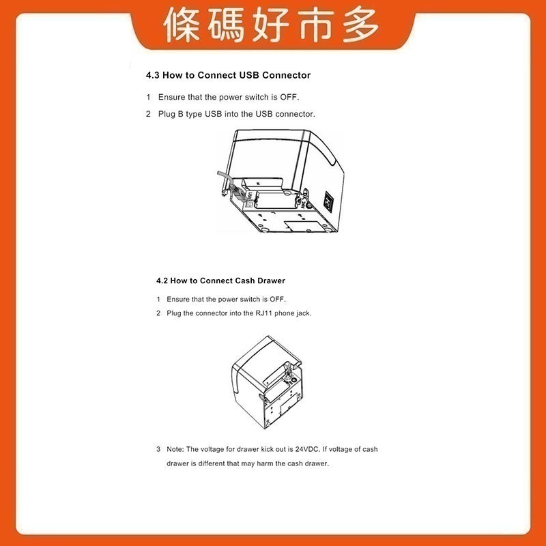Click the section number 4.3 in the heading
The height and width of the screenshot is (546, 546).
[154, 75]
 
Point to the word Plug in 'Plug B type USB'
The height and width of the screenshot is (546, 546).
[167, 114]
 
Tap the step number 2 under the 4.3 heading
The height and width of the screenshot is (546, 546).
[148, 114]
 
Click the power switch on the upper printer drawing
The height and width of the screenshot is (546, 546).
[328, 201]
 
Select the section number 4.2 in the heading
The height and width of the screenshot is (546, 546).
[162, 281]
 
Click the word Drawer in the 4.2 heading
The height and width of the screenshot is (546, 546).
[271, 281]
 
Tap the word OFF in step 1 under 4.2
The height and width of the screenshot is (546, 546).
[277, 300]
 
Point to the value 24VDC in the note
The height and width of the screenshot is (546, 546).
[308, 449]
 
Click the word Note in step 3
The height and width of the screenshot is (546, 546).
[175, 449]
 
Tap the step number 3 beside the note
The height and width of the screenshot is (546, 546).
[158, 449]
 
